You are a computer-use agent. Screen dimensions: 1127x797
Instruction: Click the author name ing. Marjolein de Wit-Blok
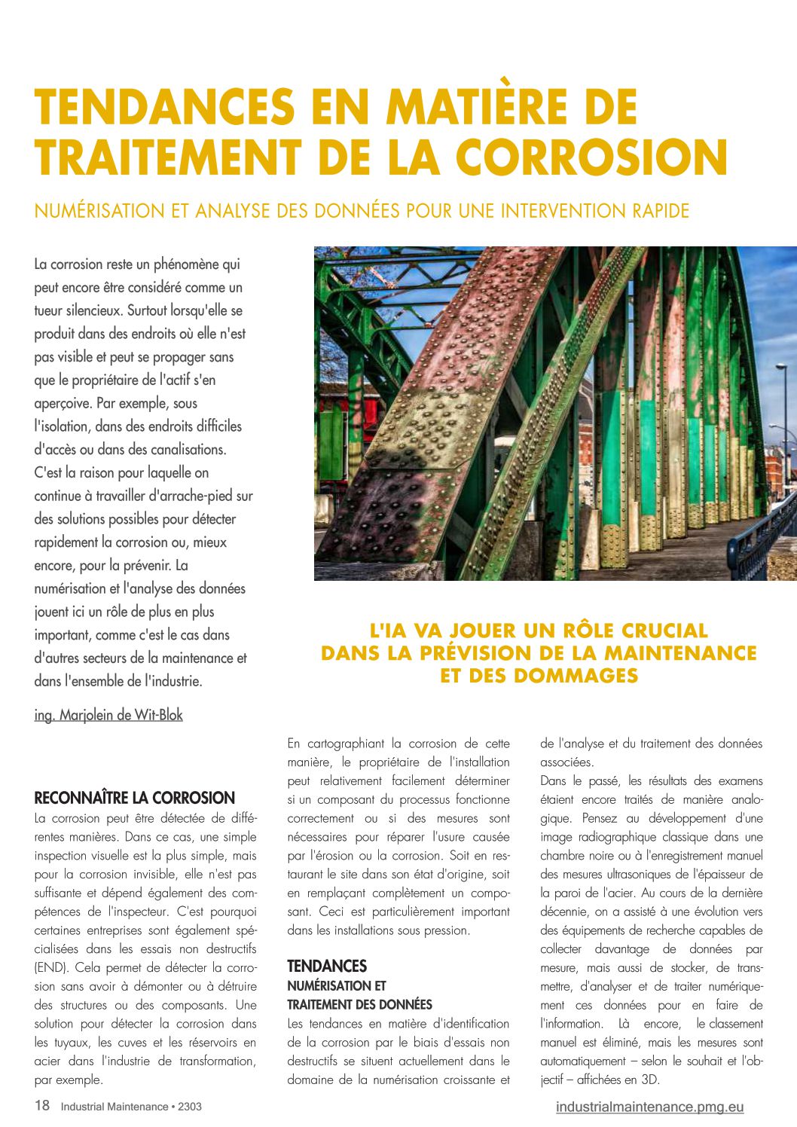tap(108, 715)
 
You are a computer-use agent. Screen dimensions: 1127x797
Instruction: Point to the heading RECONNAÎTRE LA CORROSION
tap(135, 798)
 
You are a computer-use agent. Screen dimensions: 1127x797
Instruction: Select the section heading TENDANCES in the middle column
tap(327, 966)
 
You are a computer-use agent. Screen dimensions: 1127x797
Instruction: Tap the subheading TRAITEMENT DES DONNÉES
tap(359, 1004)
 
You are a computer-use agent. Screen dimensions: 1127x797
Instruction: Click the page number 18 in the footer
tap(42, 1106)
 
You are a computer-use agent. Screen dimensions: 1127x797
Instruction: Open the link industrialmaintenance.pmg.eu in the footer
tap(649, 1107)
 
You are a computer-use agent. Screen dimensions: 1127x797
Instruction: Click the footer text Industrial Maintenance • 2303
tap(131, 1107)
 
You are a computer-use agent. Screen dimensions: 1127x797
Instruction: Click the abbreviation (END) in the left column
tap(48, 967)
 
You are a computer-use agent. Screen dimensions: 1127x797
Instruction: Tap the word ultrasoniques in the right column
tap(634, 874)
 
